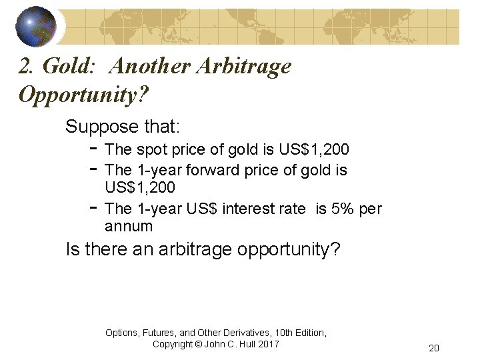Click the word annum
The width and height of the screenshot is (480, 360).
(x=129, y=226)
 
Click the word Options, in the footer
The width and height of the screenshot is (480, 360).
(x=125, y=332)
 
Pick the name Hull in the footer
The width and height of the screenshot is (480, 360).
(x=244, y=344)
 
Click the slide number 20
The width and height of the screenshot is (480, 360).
(x=434, y=348)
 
